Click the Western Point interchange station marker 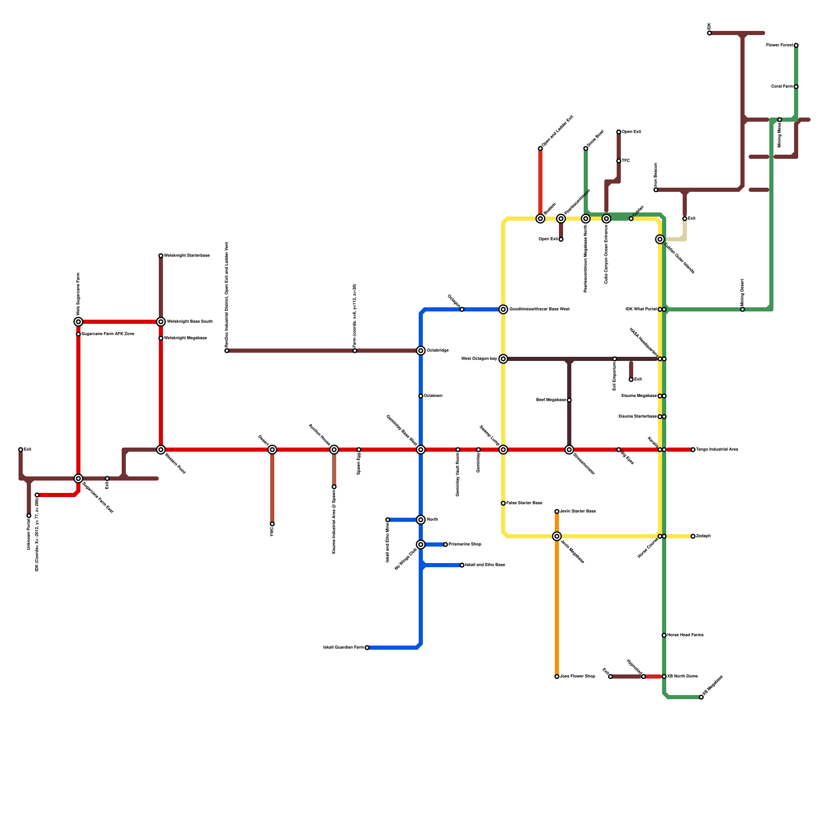[161, 450]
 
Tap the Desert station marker [272, 450]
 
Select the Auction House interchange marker [334, 450]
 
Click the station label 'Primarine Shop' [465, 544]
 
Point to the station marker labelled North [421, 520]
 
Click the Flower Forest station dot [796, 45]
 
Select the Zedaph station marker [693, 536]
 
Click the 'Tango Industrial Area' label [717, 450]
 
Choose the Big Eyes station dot [619, 450]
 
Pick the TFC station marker [619, 161]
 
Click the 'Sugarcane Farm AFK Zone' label [108, 334]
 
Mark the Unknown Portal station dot [29, 516]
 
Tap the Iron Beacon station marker [656, 190]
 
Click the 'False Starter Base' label [524, 503]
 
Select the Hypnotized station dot [643, 676]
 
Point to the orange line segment [557, 608]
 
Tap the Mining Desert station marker [742, 309]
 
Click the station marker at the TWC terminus [272, 524]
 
